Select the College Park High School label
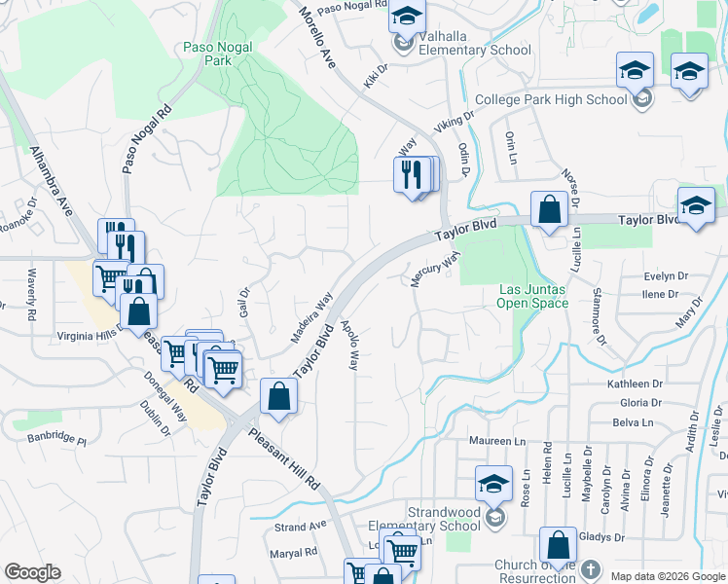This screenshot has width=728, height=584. point(551,99)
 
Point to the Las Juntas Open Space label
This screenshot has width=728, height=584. point(532,296)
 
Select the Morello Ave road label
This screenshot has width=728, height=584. point(316,35)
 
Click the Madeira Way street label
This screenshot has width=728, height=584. point(311,317)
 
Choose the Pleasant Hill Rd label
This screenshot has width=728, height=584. point(283,457)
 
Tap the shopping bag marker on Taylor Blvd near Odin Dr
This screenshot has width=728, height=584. point(549,210)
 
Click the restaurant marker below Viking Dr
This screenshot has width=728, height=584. point(412,175)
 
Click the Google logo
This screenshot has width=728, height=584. point(32,572)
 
